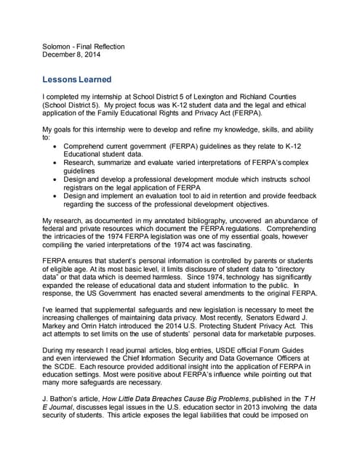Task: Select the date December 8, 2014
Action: (71, 54)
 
